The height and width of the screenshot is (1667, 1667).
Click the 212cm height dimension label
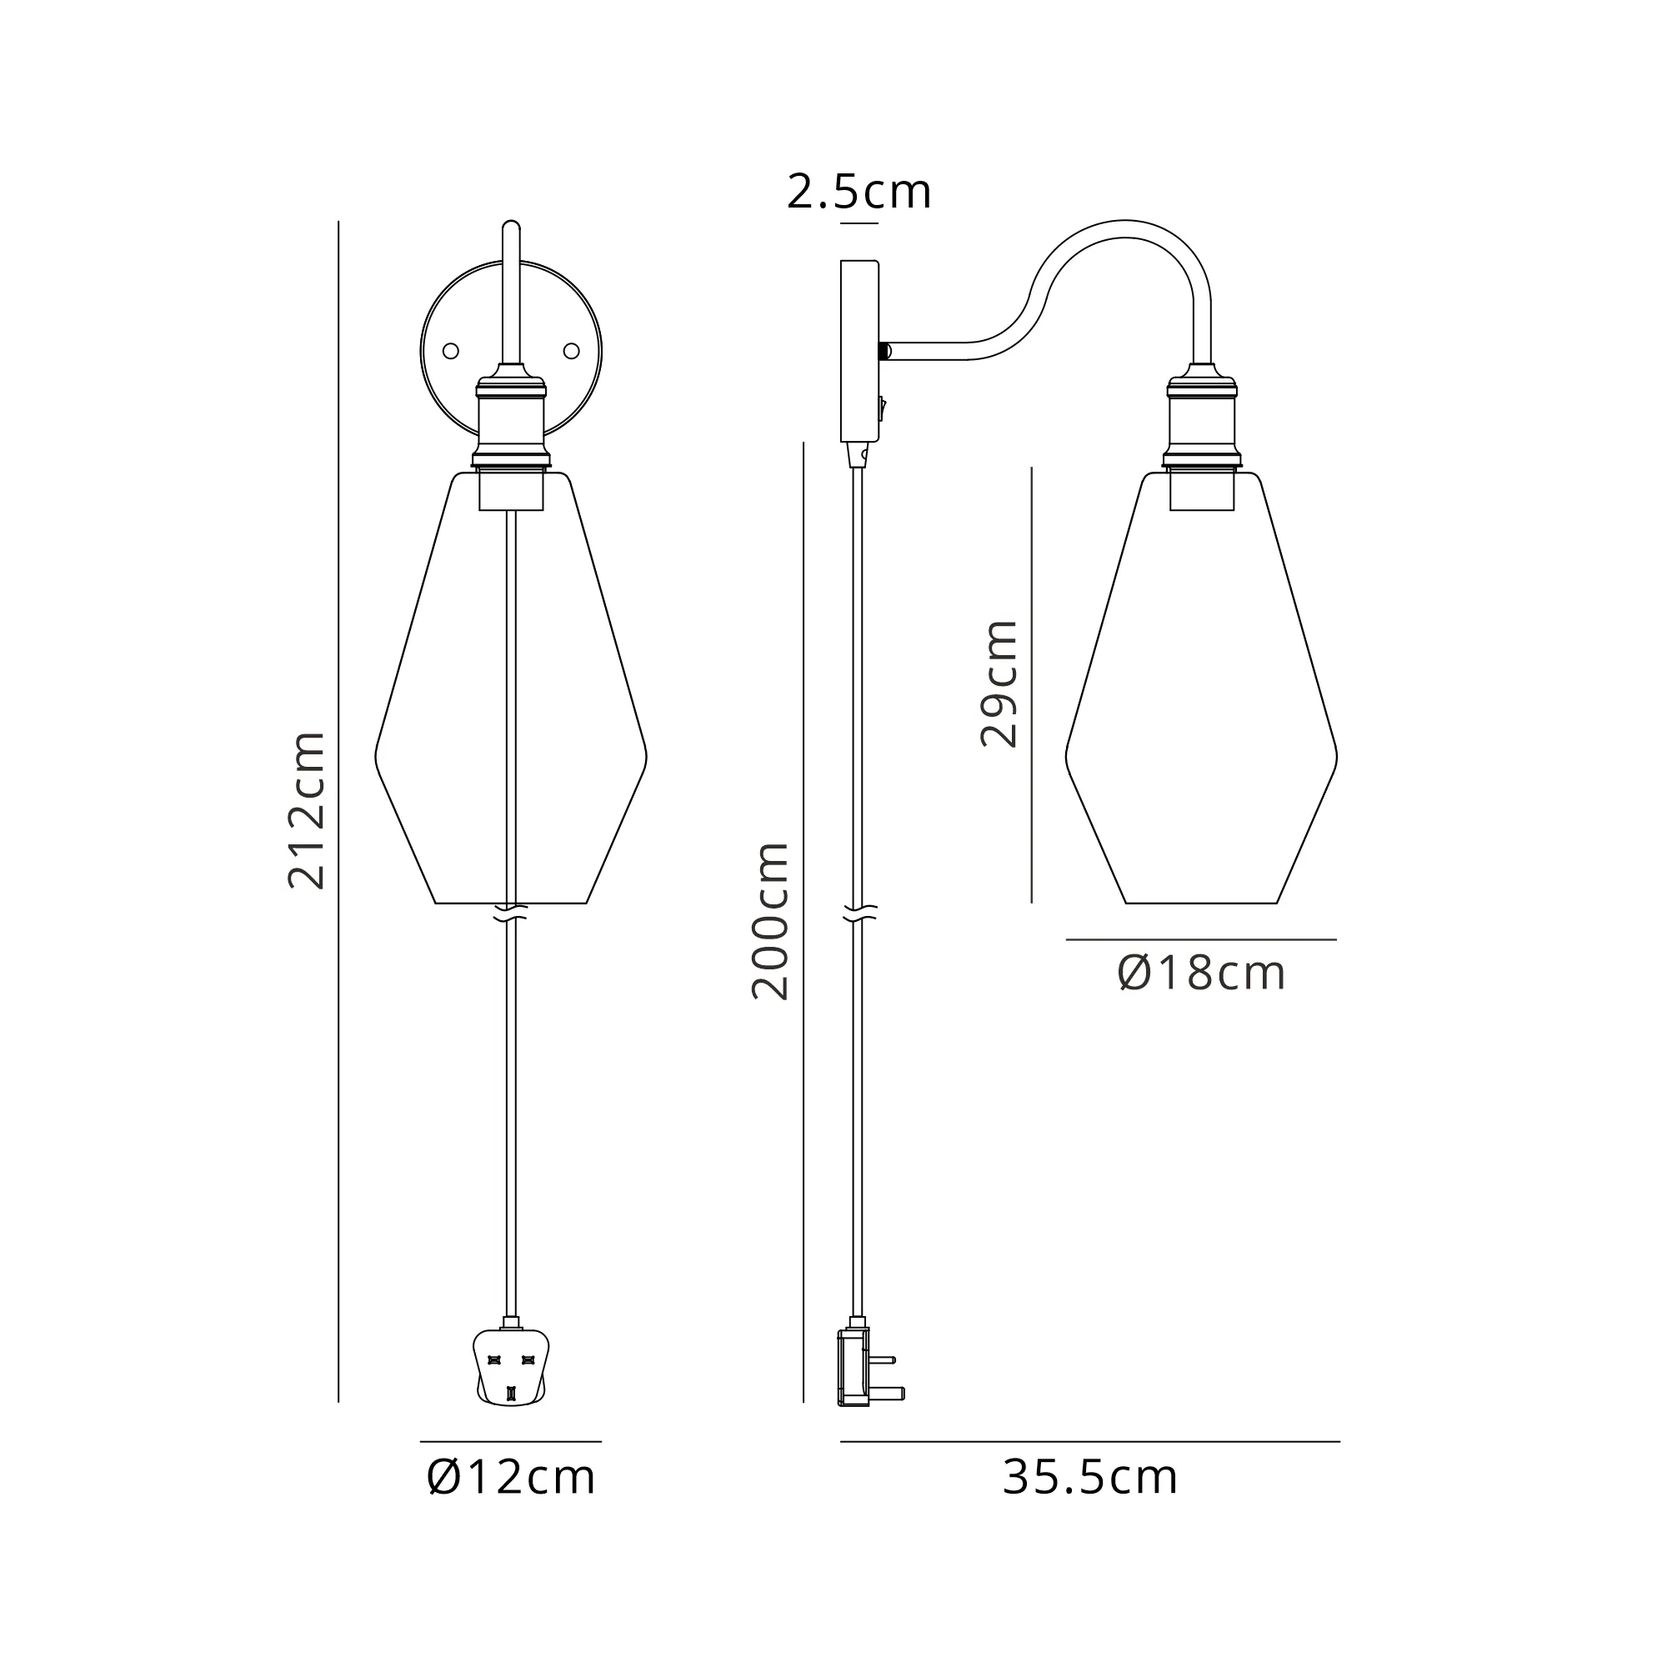306,810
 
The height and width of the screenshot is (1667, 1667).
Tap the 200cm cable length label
770,921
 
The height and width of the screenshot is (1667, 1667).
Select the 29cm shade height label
1000,683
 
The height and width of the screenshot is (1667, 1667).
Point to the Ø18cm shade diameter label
1201,974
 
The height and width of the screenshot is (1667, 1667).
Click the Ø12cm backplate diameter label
511,1477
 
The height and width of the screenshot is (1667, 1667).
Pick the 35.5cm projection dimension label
1089,1477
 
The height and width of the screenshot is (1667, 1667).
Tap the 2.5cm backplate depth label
859,192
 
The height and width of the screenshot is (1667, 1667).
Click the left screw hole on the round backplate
450,350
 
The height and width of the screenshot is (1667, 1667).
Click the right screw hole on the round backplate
571,350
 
